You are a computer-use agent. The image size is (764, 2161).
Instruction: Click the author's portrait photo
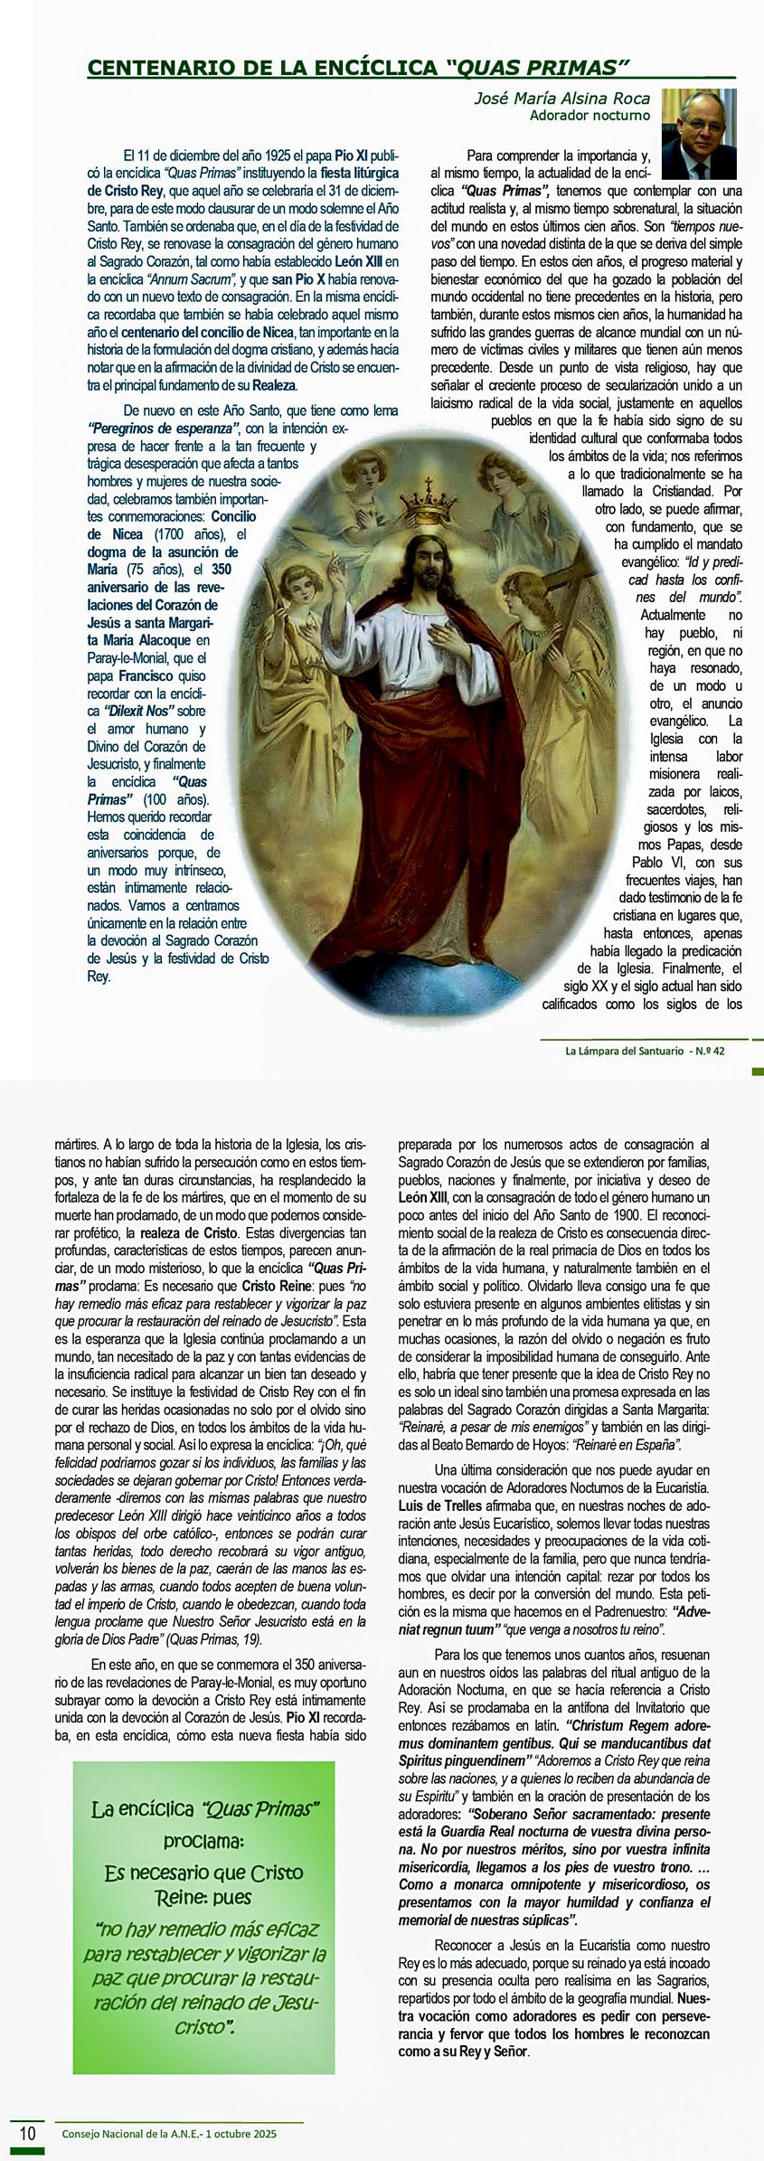(x=699, y=134)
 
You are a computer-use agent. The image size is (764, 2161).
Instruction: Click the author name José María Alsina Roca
(x=561, y=99)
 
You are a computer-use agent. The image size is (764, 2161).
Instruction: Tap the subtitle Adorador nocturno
(x=590, y=116)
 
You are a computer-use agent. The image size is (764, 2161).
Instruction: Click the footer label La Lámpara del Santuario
(x=624, y=1051)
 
